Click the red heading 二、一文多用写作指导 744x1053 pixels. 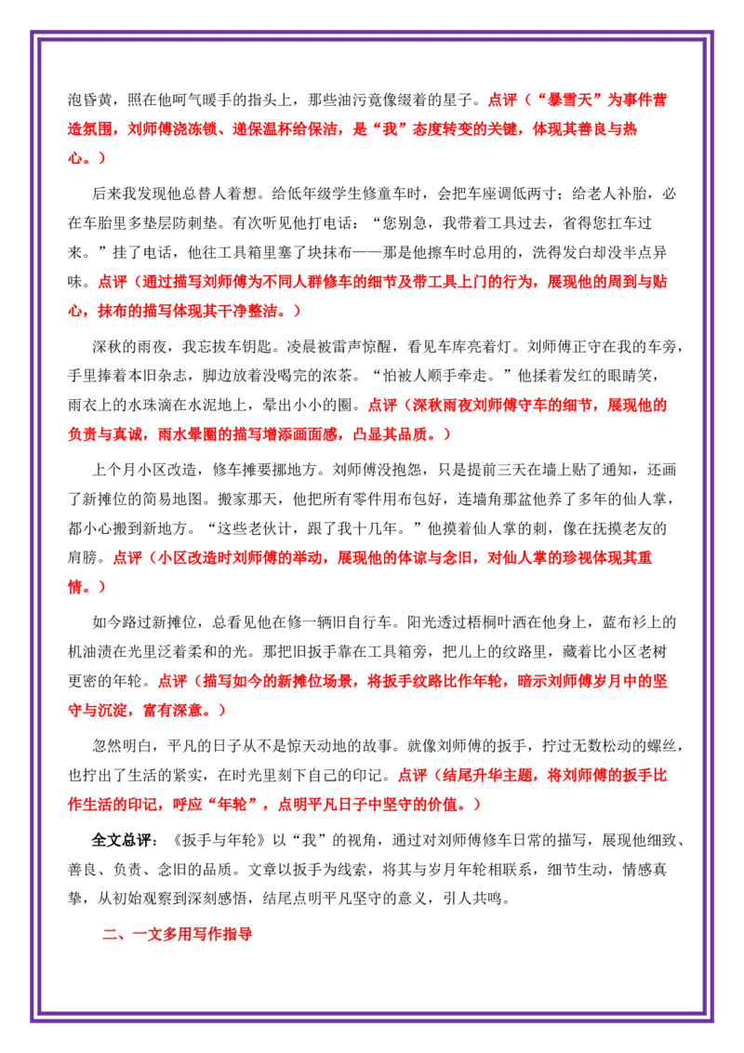pyautogui.click(x=178, y=933)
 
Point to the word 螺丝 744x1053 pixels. pyautogui.click(x=668, y=745)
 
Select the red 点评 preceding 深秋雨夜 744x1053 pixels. pyautogui.click(x=382, y=405)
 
